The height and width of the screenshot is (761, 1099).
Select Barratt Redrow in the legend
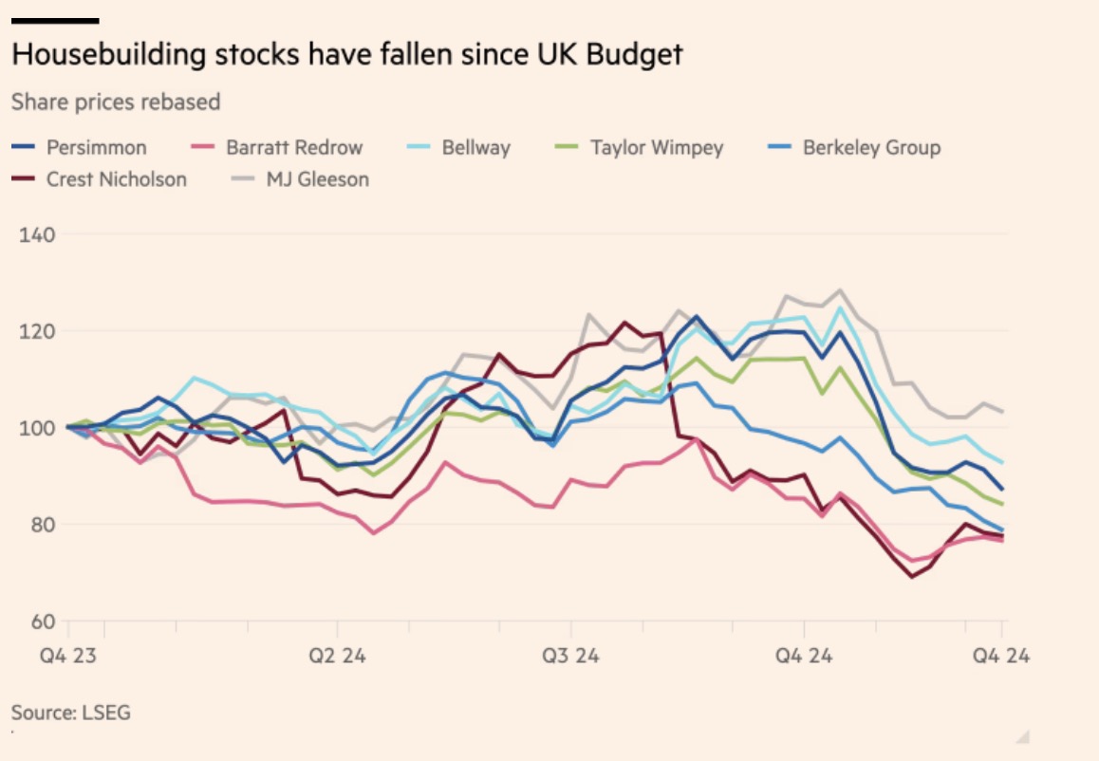click(294, 148)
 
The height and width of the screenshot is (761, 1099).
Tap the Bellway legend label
click(475, 148)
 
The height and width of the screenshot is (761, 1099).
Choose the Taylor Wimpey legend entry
click(656, 148)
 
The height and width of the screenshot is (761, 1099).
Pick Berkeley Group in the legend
click(871, 148)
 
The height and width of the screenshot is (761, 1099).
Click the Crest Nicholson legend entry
click(117, 179)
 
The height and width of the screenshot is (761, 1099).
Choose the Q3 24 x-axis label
click(570, 655)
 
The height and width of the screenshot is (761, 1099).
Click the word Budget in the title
click(635, 54)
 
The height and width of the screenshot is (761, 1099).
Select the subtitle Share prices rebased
click(116, 102)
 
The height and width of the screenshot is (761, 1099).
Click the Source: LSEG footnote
click(71, 712)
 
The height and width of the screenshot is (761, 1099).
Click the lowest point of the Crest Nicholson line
click(913, 576)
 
